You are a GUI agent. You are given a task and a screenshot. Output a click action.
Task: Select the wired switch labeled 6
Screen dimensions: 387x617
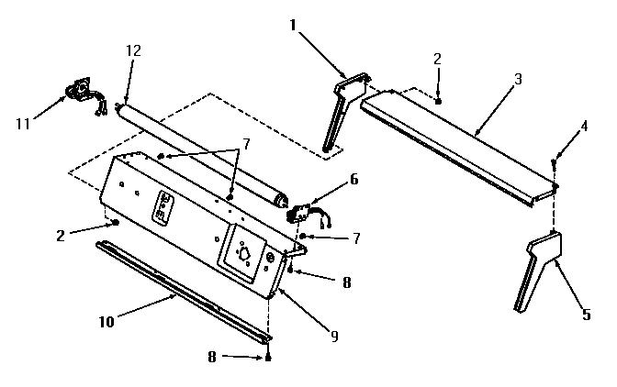pyautogui.click(x=302, y=213)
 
